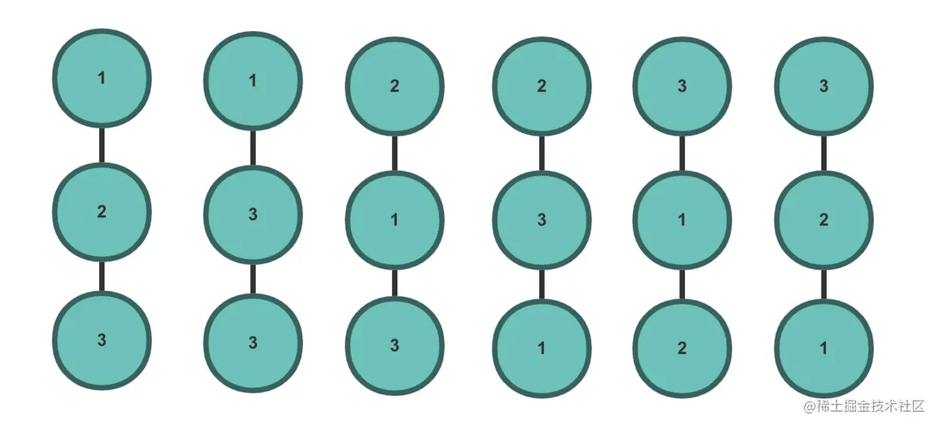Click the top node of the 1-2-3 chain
click(102, 78)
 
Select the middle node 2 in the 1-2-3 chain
click(102, 211)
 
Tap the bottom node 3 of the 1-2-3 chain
click(102, 340)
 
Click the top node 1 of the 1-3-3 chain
click(253, 80)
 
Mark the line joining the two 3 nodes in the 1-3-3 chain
click(253, 279)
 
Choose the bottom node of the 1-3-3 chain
click(253, 342)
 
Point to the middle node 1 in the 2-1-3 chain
click(394, 220)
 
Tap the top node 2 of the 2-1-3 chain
click(394, 86)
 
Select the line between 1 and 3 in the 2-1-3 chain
click(394, 282)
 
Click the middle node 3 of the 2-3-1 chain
click(542, 220)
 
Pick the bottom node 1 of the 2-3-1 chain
click(542, 348)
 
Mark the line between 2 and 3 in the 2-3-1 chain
click(542, 153)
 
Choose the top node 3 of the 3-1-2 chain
click(682, 86)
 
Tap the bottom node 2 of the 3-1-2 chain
click(682, 348)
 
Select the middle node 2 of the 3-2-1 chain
click(824, 220)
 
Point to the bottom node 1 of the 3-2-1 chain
click(824, 348)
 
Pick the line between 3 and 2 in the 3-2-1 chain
click(824, 153)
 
